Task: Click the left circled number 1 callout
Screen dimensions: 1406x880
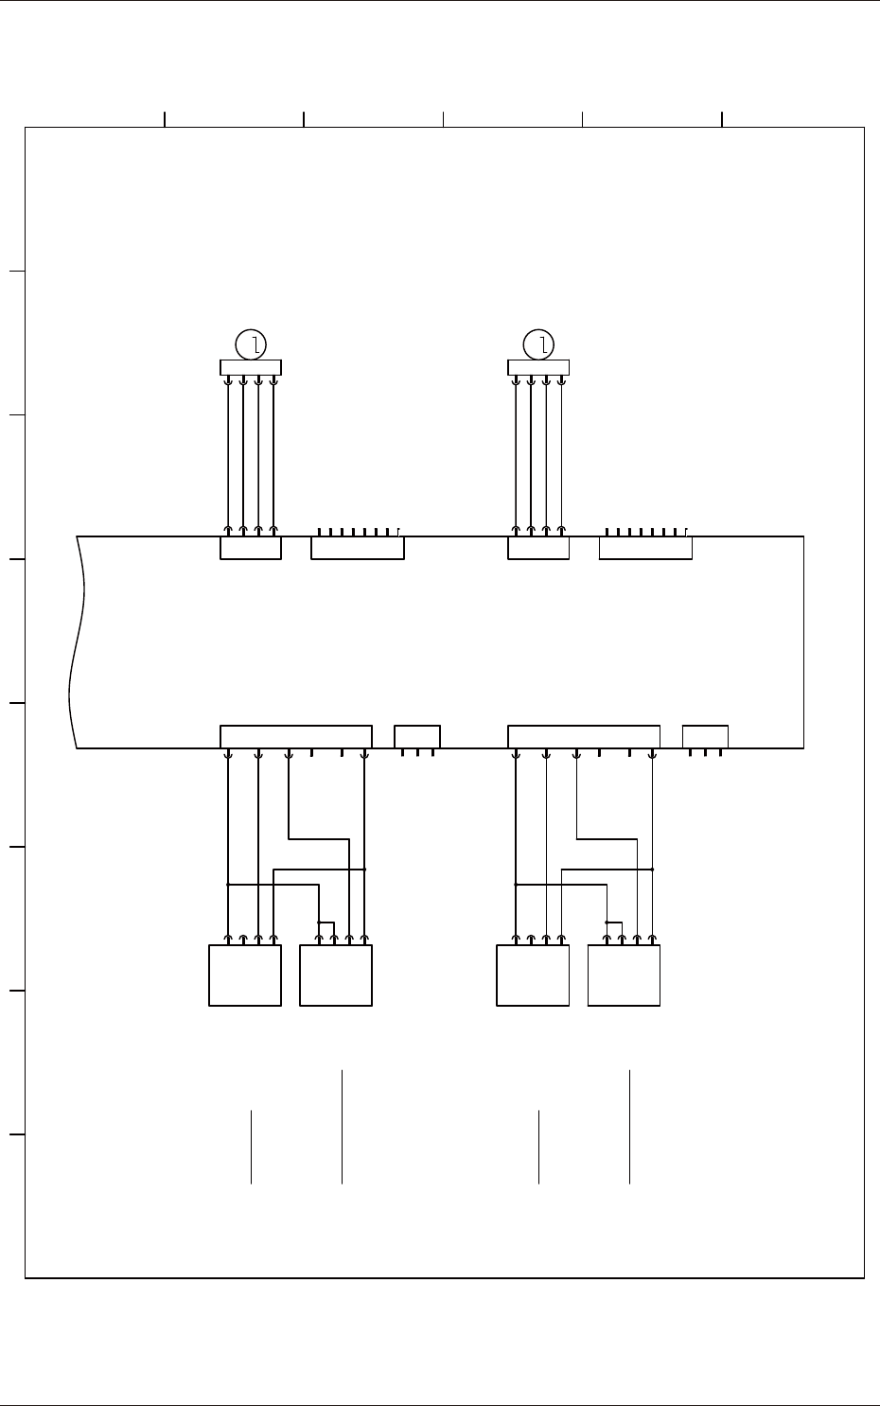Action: (251, 344)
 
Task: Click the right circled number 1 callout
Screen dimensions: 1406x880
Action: (538, 344)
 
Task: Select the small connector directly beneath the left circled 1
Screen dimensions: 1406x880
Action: (251, 368)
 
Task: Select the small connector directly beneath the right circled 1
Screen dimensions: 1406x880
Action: (538, 368)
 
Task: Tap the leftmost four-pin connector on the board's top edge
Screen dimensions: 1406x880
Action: (251, 548)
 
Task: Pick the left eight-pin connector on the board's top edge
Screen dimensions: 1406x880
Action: (358, 548)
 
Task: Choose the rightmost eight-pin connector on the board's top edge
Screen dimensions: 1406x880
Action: (645, 548)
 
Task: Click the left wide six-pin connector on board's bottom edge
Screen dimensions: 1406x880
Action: (296, 736)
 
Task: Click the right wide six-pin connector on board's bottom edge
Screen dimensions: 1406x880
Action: (584, 736)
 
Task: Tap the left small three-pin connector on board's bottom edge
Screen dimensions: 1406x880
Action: (417, 736)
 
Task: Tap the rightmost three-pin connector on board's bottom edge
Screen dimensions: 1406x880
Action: (705, 736)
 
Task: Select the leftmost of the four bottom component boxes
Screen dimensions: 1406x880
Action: (244, 975)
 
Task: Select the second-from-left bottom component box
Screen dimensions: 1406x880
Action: (336, 975)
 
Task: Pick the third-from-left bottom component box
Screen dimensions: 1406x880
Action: (533, 975)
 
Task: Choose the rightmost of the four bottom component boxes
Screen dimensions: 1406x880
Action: (624, 975)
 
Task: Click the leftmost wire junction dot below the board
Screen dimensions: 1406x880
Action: (228, 885)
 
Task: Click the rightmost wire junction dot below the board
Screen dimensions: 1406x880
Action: (652, 869)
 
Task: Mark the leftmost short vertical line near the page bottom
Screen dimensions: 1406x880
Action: (251, 1147)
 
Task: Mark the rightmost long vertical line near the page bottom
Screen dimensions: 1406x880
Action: (629, 1127)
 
